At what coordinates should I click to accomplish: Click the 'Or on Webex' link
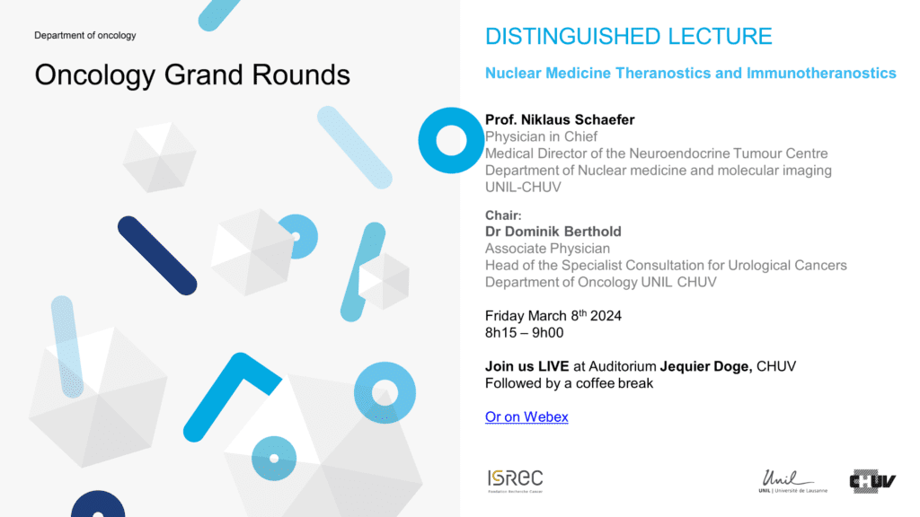tap(526, 416)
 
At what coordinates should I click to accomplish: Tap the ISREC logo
tap(515, 481)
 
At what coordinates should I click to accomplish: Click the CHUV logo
tap(872, 481)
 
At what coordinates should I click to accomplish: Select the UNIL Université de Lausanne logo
tap(792, 481)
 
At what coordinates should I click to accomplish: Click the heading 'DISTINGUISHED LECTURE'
tap(628, 36)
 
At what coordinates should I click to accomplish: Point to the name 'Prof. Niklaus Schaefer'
tap(560, 119)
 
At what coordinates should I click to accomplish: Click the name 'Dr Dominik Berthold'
tap(553, 232)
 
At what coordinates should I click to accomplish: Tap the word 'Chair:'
tap(503, 215)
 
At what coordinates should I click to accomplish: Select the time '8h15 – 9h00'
tap(524, 333)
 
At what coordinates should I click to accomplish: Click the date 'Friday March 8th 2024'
tap(553, 315)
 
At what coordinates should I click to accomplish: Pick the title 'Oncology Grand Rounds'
tap(192, 75)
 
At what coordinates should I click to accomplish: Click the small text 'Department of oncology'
tap(85, 35)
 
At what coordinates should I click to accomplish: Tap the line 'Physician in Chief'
tap(541, 136)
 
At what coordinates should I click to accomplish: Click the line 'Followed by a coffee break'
tap(569, 383)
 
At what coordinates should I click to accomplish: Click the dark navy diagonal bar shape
tap(157, 256)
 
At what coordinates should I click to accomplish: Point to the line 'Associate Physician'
tap(547, 249)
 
